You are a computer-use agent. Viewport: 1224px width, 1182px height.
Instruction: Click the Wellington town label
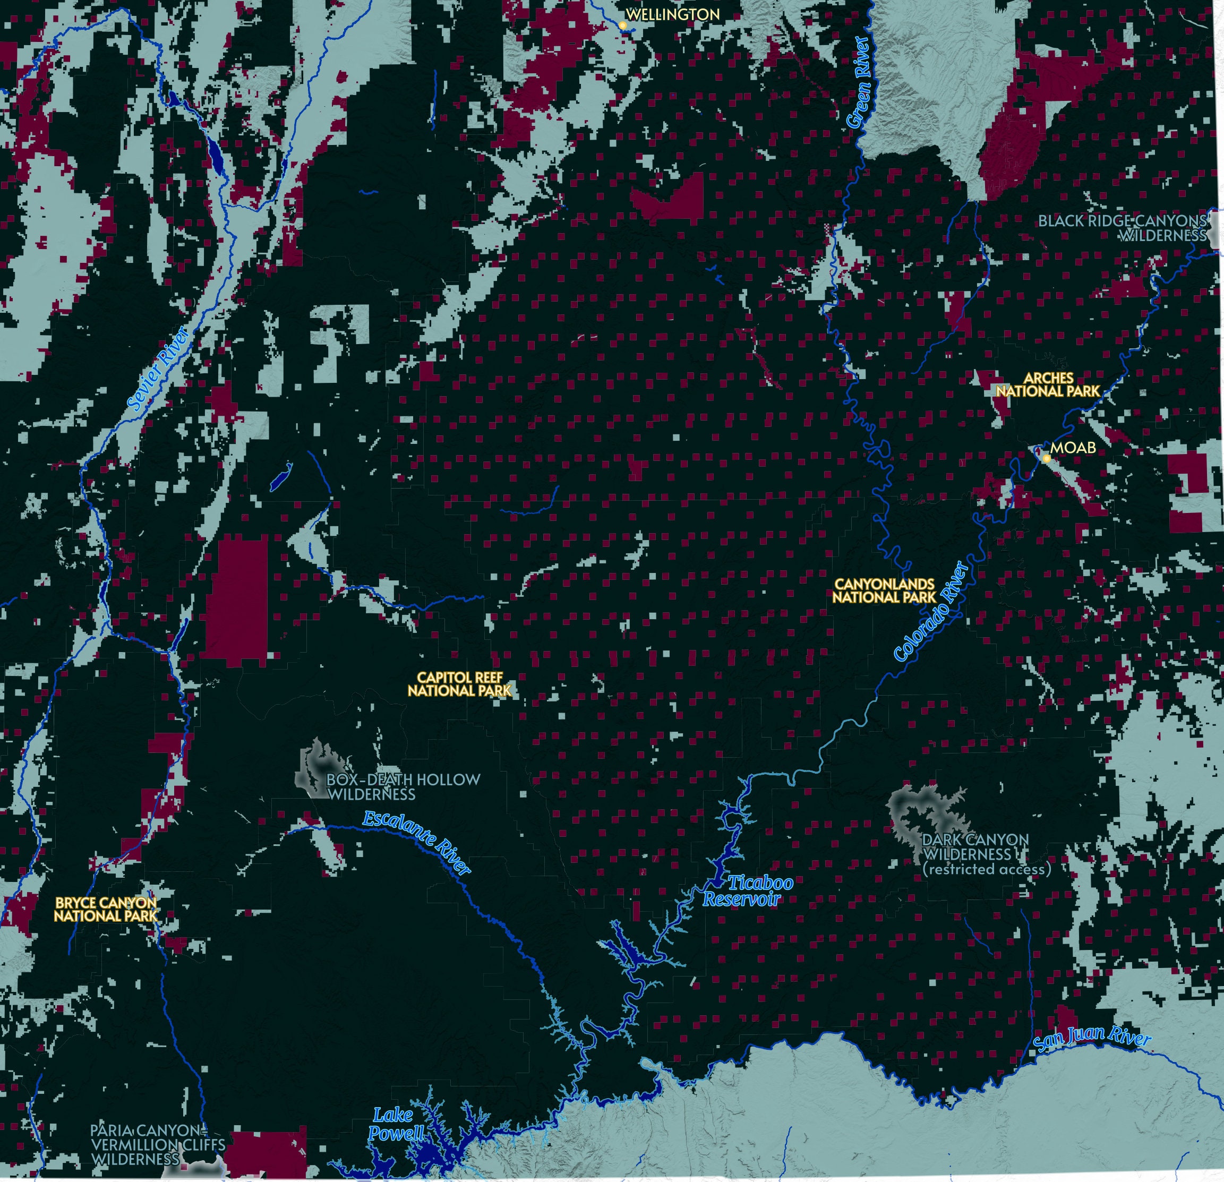(673, 14)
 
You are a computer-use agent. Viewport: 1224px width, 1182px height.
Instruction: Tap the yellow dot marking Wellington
(622, 25)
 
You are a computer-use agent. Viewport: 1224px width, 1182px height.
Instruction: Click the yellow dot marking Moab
(1047, 458)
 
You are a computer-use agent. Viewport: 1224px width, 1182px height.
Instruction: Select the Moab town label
(1073, 448)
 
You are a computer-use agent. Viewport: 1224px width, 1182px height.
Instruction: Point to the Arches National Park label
(1048, 384)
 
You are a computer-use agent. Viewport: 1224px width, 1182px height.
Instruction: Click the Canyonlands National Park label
(884, 590)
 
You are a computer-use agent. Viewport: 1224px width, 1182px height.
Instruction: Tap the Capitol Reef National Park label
(460, 684)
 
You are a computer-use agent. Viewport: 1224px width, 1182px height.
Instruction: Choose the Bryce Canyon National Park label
(106, 909)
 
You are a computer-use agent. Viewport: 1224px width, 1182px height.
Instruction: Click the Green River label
(859, 82)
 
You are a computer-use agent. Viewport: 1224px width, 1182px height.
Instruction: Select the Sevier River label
(159, 369)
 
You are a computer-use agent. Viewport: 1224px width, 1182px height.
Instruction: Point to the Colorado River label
(932, 611)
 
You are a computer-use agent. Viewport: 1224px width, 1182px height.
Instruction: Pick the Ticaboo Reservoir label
(748, 891)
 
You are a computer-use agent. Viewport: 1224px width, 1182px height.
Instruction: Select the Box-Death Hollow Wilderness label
(404, 787)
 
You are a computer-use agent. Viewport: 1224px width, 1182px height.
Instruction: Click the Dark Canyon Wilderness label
(975, 847)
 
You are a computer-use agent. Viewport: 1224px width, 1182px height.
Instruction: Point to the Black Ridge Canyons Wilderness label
(1122, 228)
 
